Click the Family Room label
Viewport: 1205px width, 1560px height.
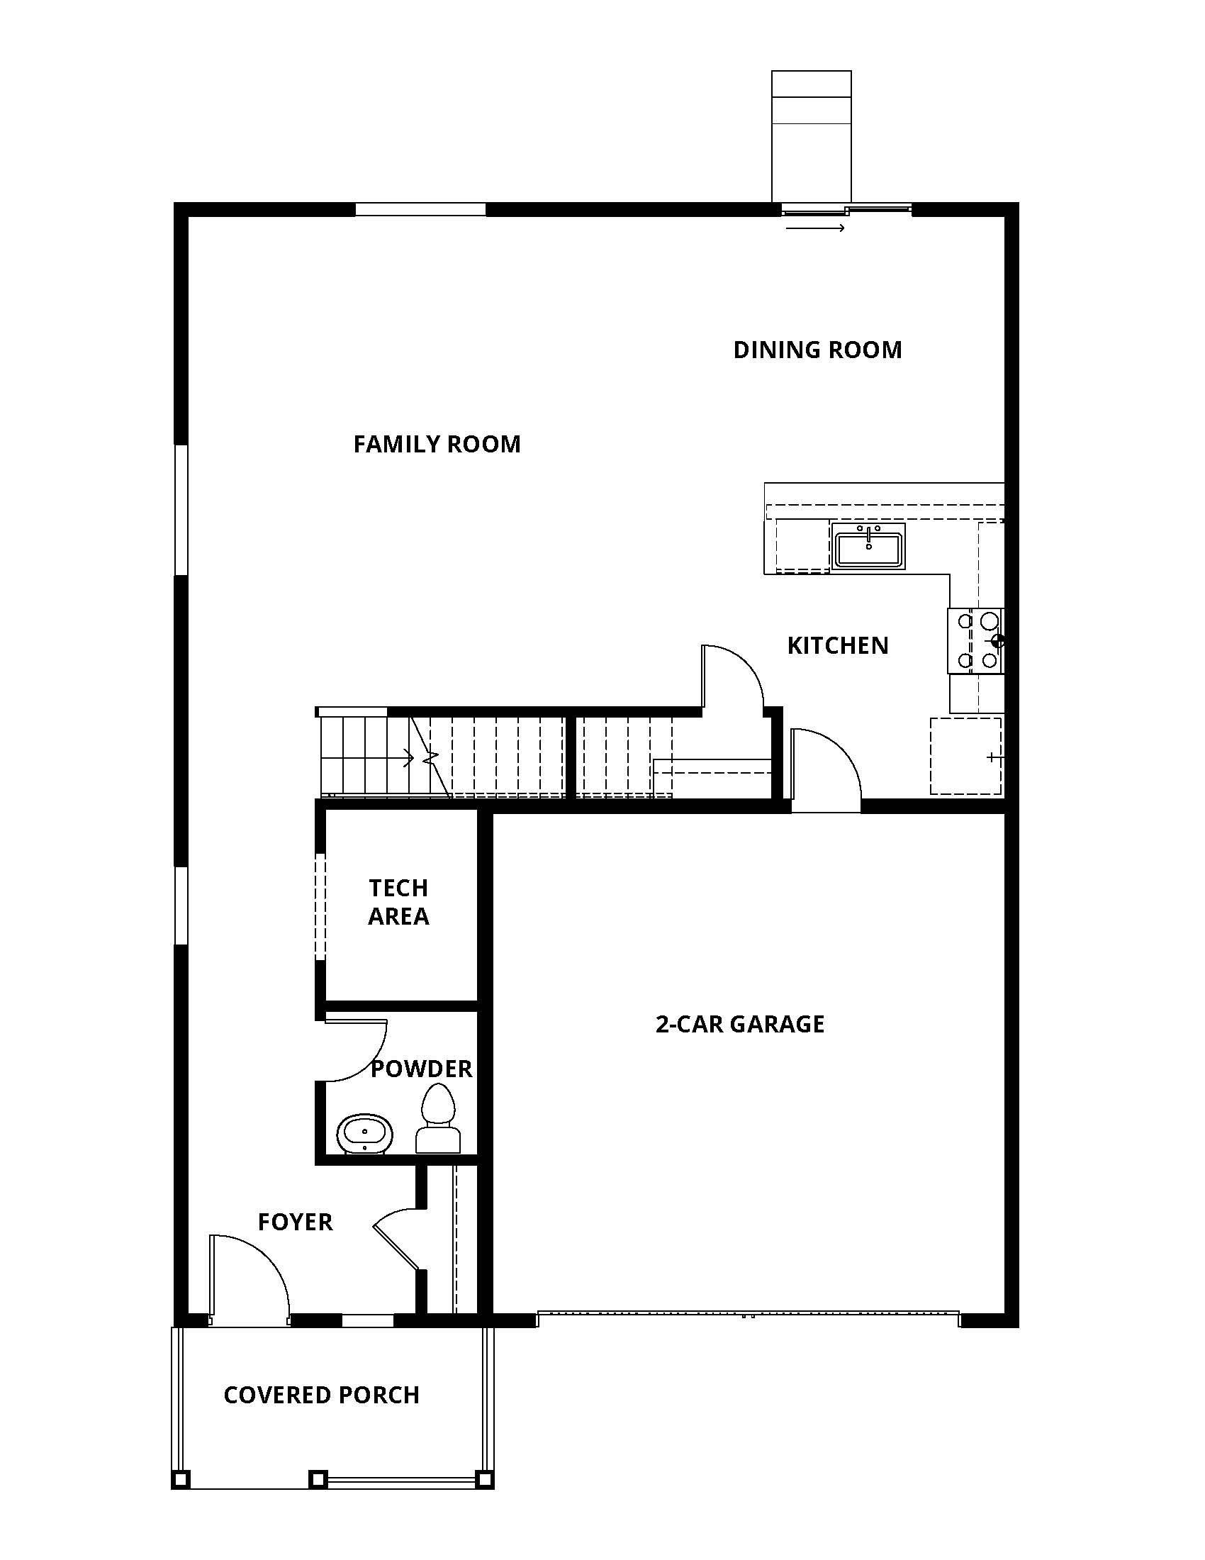tap(437, 445)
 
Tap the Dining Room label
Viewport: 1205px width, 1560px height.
tap(817, 350)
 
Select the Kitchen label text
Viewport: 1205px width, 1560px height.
tap(837, 646)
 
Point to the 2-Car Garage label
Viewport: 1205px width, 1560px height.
tap(739, 1025)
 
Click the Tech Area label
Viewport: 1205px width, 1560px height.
tap(398, 902)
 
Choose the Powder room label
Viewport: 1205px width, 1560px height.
tap(421, 1069)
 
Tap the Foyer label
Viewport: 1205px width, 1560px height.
tap(295, 1222)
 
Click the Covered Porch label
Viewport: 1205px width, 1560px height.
tap(321, 1395)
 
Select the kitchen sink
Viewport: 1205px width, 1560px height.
tap(868, 547)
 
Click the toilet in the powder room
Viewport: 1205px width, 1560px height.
tap(437, 1118)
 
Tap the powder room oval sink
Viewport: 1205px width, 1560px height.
tap(365, 1134)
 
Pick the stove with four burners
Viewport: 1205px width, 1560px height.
tap(976, 641)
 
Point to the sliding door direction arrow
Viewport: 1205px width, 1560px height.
tap(815, 228)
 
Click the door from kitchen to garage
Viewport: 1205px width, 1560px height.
tap(825, 770)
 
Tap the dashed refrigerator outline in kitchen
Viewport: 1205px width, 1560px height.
tap(965, 757)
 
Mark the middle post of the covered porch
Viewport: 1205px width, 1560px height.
tap(318, 1478)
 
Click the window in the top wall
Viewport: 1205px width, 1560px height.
tap(420, 210)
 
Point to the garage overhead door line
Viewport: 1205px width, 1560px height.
tap(747, 1313)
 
